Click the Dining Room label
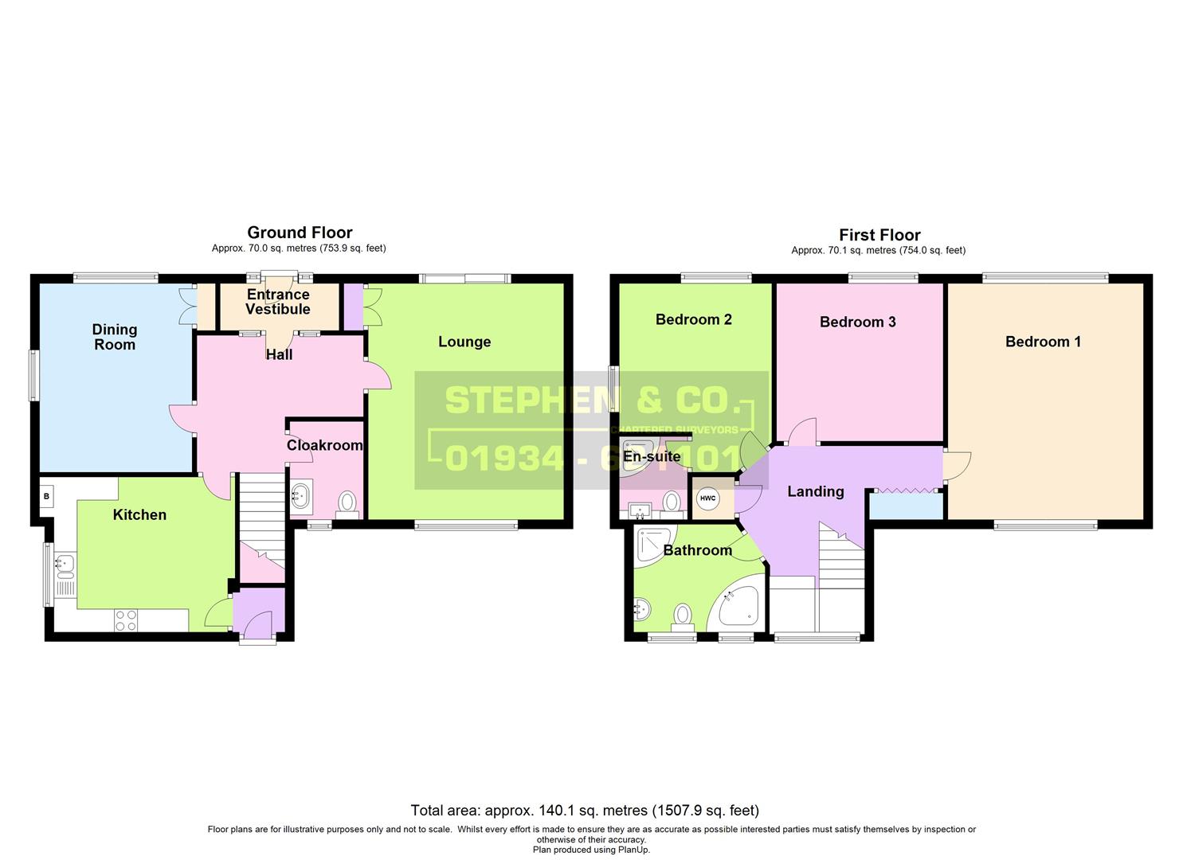115,337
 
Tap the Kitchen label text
139,514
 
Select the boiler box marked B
46,497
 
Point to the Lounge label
464,342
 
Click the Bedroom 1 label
1043,342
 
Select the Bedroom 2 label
693,319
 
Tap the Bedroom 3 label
857,322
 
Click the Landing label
815,491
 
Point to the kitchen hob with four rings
125,620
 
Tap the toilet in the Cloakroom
347,503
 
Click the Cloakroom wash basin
301,496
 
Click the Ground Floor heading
300,233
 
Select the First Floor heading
879,235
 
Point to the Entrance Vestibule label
277,302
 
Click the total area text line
584,811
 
